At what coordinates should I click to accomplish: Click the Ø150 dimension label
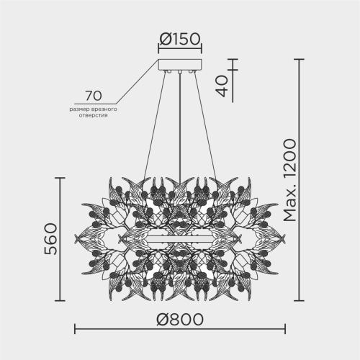point(179,39)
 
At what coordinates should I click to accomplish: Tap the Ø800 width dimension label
point(179,318)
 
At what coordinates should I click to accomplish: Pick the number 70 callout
point(92,95)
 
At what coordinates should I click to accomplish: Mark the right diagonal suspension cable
point(202,122)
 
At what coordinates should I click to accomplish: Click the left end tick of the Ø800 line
point(76,330)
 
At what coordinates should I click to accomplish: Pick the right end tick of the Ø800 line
point(284,330)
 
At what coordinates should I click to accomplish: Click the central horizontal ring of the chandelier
point(179,239)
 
